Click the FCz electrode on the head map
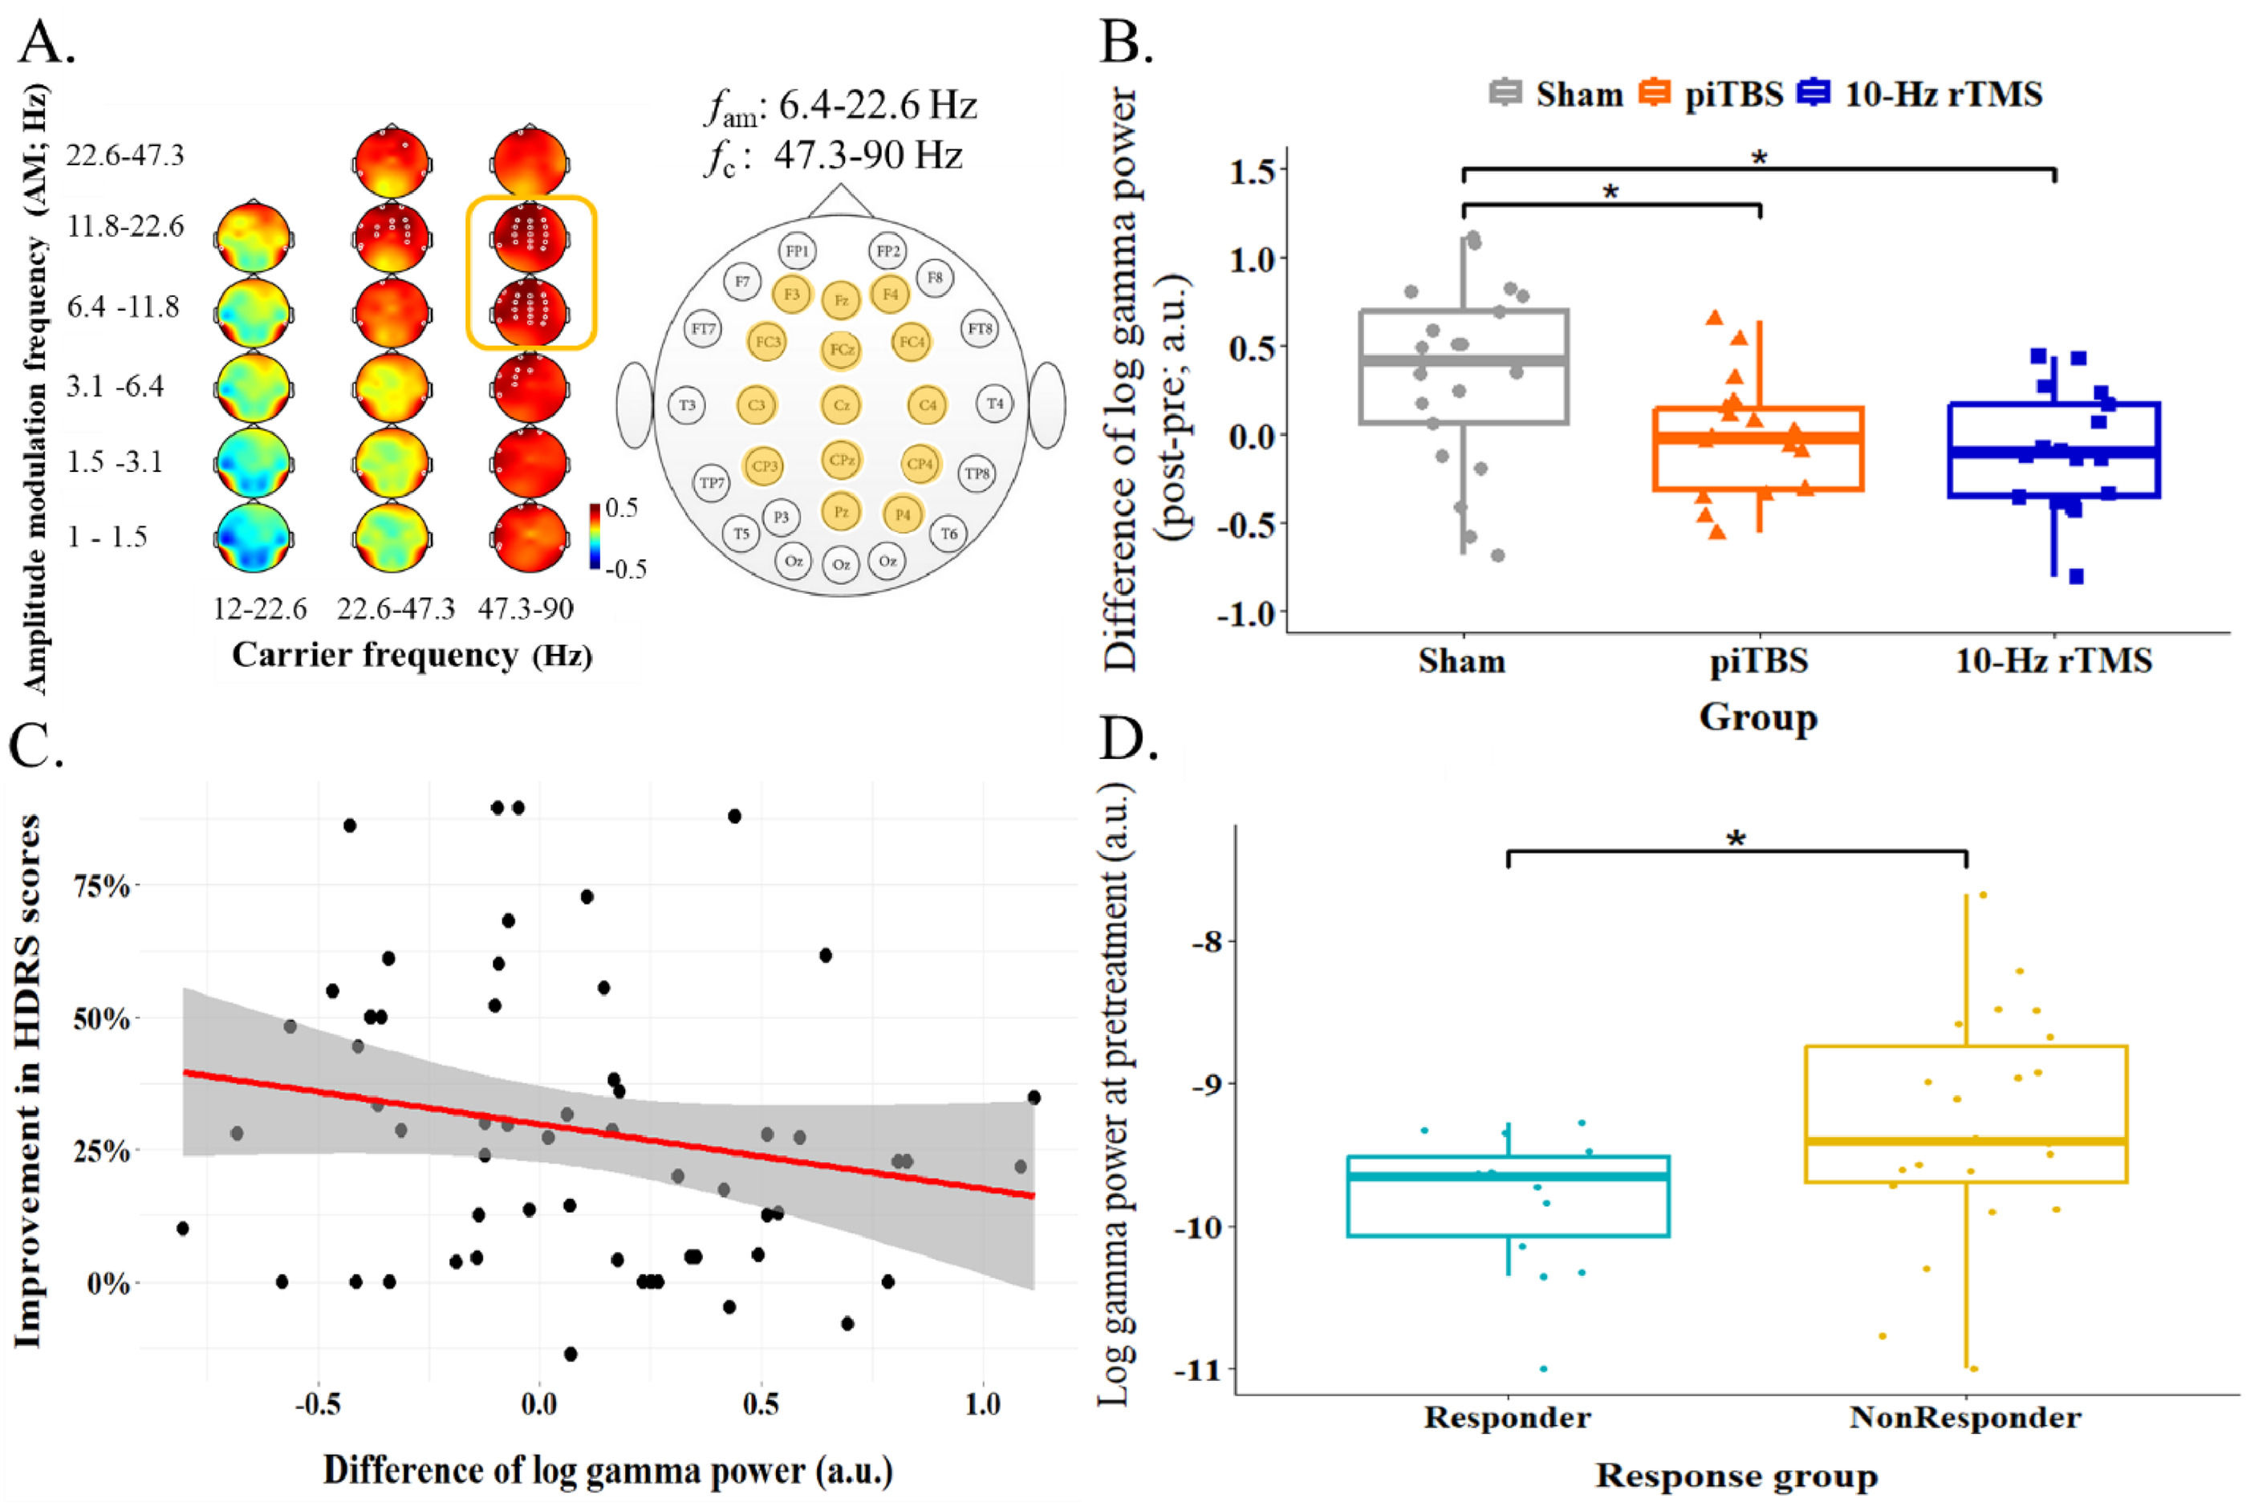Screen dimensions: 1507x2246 tap(842, 350)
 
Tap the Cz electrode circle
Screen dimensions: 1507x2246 tap(841, 405)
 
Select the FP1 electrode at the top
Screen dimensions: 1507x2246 tap(797, 251)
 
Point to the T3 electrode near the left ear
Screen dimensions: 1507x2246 tap(687, 405)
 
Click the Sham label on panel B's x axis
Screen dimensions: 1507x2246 tap(1462, 661)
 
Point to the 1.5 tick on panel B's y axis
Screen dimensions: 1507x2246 tap(1253, 171)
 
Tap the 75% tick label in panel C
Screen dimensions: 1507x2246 tap(101, 886)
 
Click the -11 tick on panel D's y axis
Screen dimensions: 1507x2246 tap(1197, 1369)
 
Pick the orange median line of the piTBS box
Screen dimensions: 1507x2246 tap(1758, 438)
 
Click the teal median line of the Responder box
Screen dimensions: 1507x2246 tap(1508, 1176)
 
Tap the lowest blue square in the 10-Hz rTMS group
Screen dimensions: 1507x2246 tap(2076, 577)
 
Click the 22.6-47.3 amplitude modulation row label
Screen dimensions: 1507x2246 tap(125, 156)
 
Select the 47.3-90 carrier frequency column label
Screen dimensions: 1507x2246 tap(526, 608)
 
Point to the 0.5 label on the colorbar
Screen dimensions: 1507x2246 tap(621, 507)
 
